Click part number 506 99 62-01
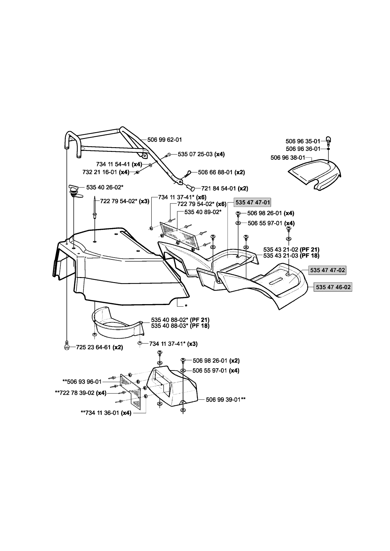pyautogui.click(x=164, y=140)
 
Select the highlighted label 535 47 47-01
pyautogui.click(x=252, y=202)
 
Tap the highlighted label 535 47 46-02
pyautogui.click(x=333, y=287)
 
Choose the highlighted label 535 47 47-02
pyautogui.click(x=327, y=270)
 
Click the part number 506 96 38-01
pyautogui.click(x=288, y=158)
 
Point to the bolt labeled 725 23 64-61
pyautogui.click(x=67, y=347)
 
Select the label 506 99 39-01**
pyautogui.click(x=226, y=399)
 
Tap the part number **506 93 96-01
pyautogui.click(x=82, y=381)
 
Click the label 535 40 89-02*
pyautogui.click(x=203, y=212)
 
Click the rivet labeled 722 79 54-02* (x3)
pyautogui.click(x=95, y=208)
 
